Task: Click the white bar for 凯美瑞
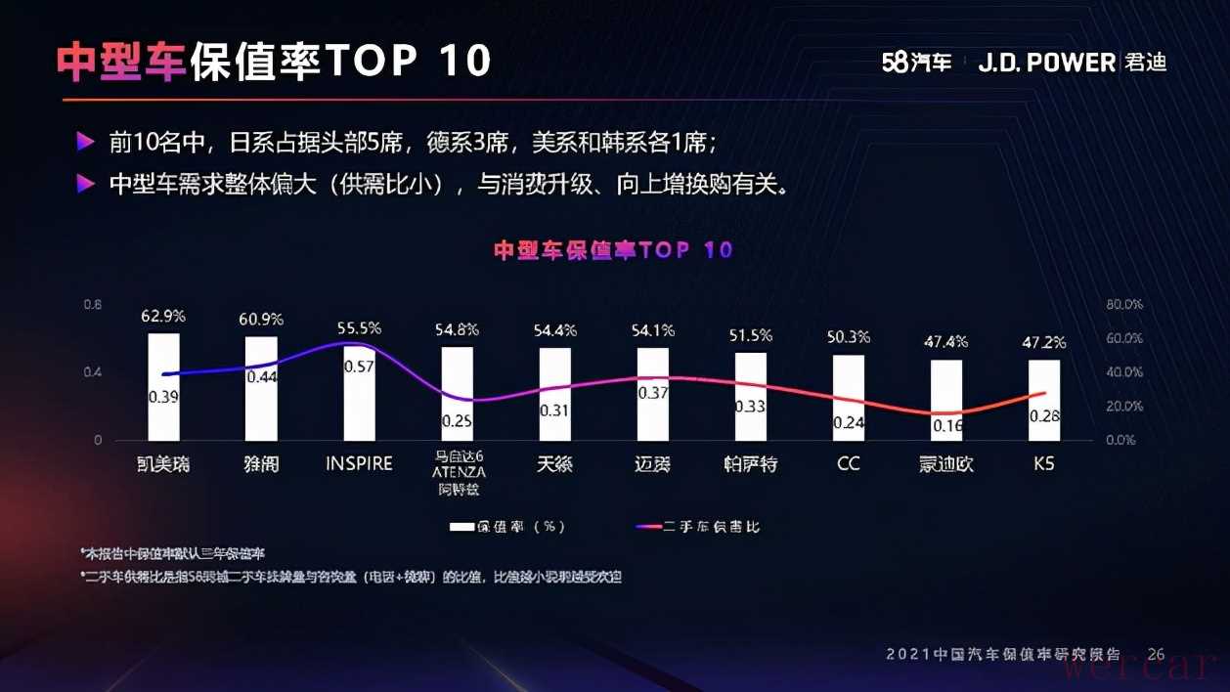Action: (x=163, y=386)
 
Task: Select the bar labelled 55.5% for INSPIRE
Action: (x=359, y=391)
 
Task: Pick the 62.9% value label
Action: (x=163, y=317)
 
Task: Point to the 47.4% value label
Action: (x=945, y=342)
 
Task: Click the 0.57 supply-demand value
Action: (x=359, y=367)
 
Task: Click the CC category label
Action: (x=849, y=463)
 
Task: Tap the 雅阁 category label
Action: (x=261, y=464)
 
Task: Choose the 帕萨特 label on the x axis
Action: (x=750, y=464)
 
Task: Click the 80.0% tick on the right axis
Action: (x=1124, y=305)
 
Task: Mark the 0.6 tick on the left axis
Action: (x=92, y=305)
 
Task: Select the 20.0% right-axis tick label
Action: (x=1124, y=407)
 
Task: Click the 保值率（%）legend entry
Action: (x=507, y=527)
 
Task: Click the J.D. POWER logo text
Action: (x=1046, y=63)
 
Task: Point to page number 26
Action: (x=1156, y=654)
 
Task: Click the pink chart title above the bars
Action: (x=613, y=250)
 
